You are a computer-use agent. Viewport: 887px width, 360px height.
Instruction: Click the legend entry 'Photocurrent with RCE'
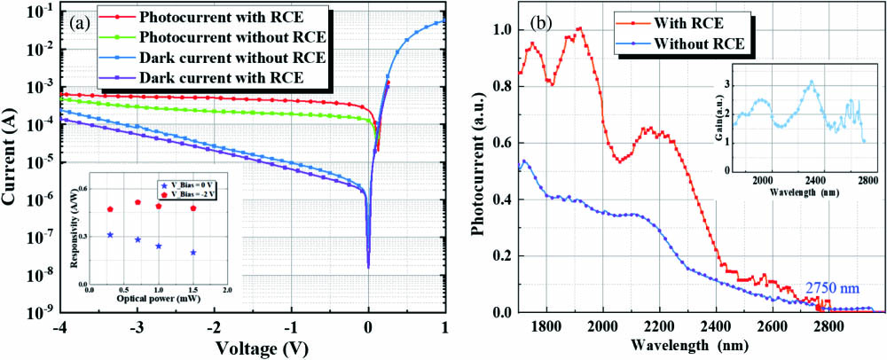pos(214,17)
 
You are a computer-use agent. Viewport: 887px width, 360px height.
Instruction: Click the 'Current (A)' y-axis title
pos(12,160)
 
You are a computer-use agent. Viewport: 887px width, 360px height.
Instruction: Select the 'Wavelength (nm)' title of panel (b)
pos(690,347)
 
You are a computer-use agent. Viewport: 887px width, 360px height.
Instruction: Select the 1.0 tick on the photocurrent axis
pos(502,30)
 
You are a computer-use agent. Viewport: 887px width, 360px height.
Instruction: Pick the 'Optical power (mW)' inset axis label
pos(157,300)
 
